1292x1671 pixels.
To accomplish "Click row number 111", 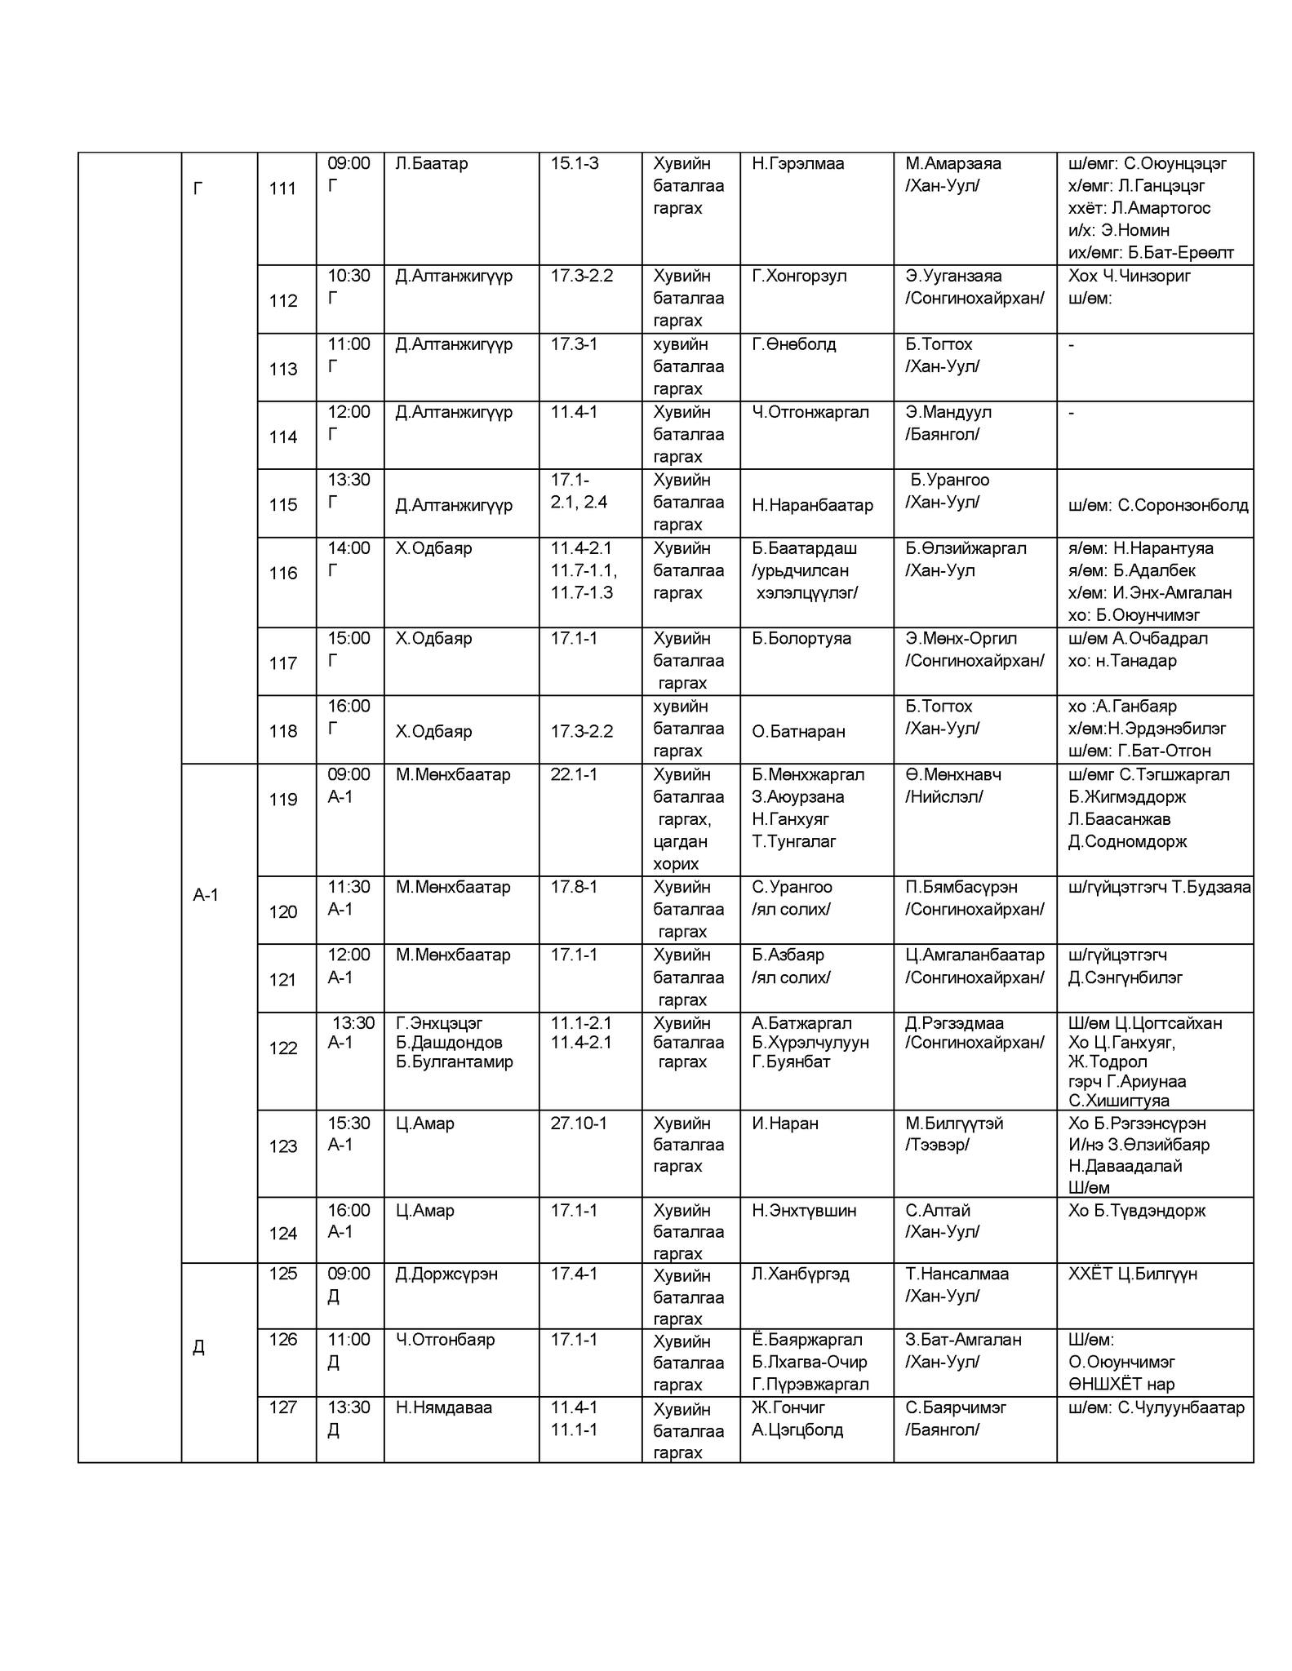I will (282, 189).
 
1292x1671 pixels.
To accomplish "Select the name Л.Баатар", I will (432, 164).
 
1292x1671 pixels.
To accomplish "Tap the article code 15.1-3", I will (575, 164).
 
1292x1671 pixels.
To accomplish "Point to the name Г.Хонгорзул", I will (800, 276).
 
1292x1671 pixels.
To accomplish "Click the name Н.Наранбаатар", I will (813, 506).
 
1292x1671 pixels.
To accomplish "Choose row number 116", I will (282, 574).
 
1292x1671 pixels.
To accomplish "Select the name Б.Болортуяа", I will (801, 639).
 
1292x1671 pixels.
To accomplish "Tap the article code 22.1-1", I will (574, 775).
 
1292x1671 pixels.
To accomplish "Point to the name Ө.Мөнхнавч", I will (953, 775).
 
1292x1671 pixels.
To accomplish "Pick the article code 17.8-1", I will (574, 887).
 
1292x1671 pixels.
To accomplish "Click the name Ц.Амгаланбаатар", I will (975, 955).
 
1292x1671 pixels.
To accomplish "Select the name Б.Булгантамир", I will (455, 1062).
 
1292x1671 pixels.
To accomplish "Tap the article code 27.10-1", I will (579, 1124).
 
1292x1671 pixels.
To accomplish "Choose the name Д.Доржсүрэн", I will (446, 1274).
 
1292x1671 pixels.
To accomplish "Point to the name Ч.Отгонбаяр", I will (445, 1340).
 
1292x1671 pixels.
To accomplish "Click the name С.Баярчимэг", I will (956, 1407).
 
